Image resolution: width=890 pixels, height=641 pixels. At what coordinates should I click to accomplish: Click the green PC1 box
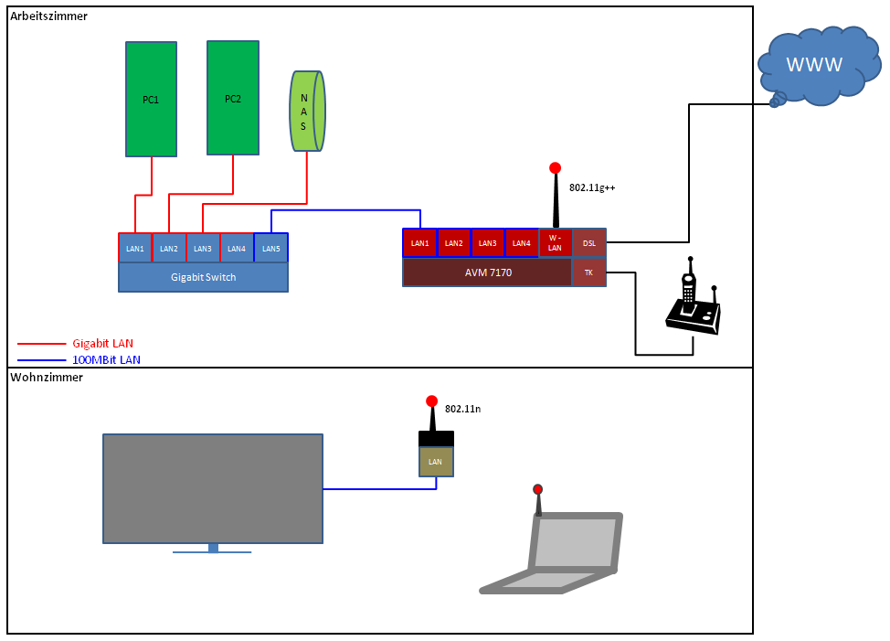pos(152,99)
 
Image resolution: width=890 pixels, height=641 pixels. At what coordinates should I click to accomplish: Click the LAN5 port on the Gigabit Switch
pos(270,248)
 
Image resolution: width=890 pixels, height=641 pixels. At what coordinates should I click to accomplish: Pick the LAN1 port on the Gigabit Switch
pos(135,248)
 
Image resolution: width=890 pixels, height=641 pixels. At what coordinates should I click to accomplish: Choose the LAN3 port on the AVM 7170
pos(487,242)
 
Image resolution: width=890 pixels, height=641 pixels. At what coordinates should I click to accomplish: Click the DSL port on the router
pos(589,242)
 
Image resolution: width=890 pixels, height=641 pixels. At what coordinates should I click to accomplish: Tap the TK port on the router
pos(588,272)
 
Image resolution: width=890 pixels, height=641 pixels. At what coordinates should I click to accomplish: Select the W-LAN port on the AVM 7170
pos(555,242)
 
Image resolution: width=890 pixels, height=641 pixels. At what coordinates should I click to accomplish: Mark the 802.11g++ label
pos(592,187)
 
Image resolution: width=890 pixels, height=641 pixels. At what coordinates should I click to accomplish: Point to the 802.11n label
pos(462,409)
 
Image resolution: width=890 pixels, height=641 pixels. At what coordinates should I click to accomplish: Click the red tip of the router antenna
pos(555,168)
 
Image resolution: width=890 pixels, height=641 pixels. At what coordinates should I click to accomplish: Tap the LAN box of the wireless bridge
pos(436,462)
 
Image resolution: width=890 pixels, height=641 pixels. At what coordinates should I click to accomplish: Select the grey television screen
pos(213,488)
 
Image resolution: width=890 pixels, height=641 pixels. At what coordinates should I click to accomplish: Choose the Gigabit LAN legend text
pos(103,343)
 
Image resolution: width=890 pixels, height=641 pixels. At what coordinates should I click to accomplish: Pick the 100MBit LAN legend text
pos(106,360)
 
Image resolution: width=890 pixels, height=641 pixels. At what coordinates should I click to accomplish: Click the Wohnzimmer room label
pos(47,377)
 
